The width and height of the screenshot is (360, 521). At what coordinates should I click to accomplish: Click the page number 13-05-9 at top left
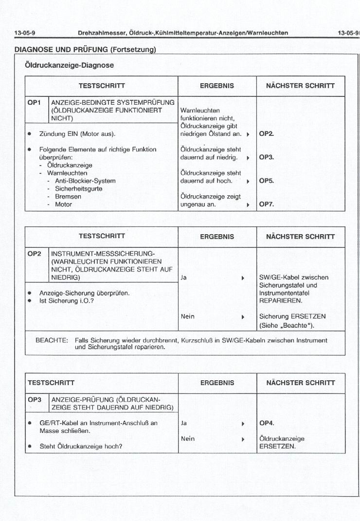click(25, 33)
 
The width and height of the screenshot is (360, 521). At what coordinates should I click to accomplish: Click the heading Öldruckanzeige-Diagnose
click(69, 65)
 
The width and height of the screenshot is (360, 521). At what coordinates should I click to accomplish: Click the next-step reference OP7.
click(267, 205)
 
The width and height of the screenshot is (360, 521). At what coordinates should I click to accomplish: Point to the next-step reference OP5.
click(267, 181)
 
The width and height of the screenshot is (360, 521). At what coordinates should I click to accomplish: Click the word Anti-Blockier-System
click(85, 181)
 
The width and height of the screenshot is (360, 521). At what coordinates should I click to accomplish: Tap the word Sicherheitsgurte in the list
click(78, 189)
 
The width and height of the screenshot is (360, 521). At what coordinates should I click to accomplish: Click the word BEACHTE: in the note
click(52, 340)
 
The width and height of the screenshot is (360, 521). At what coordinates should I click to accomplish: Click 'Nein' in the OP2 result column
click(187, 316)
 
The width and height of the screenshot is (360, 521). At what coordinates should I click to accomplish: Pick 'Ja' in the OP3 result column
click(184, 423)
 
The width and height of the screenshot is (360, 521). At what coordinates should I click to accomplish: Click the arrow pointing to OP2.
click(248, 134)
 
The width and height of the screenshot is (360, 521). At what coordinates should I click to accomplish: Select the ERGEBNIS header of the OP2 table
click(217, 237)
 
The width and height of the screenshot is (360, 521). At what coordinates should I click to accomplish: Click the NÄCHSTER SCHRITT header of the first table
click(300, 86)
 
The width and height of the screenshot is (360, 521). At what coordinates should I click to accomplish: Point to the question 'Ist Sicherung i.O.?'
click(68, 301)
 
